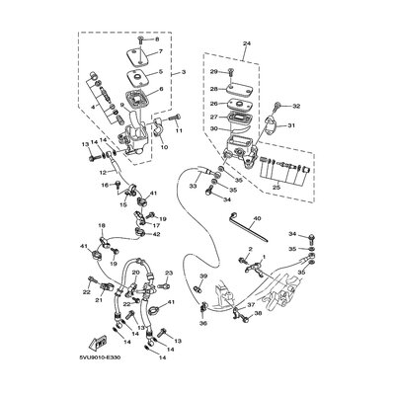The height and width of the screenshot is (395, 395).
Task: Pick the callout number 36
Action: tap(202, 321)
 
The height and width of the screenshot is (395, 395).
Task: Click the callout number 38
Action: tap(259, 313)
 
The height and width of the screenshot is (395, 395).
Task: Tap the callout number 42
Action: tap(156, 234)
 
